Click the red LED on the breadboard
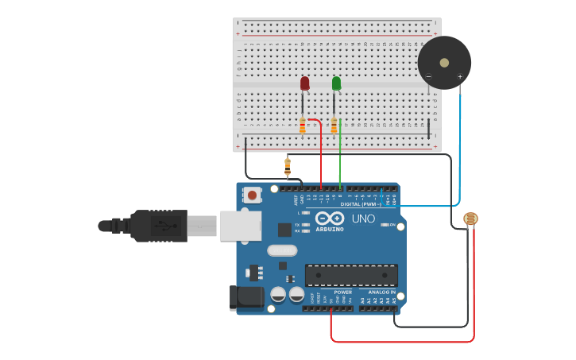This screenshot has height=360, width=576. (x=305, y=83)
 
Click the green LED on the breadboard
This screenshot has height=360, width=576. (x=336, y=83)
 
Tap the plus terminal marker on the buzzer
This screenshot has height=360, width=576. (x=460, y=77)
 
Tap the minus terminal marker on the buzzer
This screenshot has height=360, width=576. (x=429, y=77)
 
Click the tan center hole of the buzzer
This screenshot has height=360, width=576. (x=444, y=62)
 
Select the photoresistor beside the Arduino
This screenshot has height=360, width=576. (x=470, y=219)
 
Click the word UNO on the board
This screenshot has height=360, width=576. (x=363, y=219)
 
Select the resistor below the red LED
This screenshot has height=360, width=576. (x=303, y=126)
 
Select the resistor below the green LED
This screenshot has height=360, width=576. (x=334, y=126)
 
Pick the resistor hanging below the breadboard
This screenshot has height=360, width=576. (x=288, y=166)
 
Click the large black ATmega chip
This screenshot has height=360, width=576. (x=351, y=275)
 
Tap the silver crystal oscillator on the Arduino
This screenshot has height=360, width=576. (x=282, y=250)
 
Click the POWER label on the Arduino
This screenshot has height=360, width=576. (x=342, y=292)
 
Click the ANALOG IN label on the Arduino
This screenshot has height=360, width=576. (x=381, y=292)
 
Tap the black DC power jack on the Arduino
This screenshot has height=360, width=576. (x=246, y=298)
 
